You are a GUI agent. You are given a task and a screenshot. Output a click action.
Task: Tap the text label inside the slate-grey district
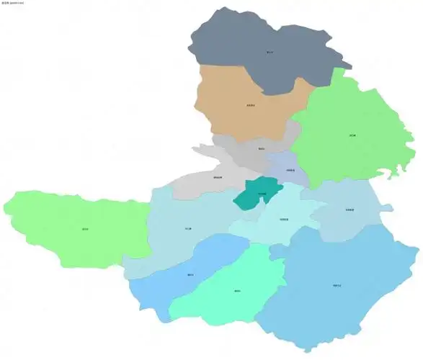(270, 52)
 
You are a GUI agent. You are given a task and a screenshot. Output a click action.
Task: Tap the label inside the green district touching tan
(352, 135)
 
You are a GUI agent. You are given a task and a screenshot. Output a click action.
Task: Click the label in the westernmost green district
(85, 229)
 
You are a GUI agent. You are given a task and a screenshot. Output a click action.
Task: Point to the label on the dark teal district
(262, 194)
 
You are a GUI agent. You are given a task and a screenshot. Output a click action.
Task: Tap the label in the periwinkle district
(289, 171)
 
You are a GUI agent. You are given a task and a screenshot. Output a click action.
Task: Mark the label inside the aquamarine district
(237, 291)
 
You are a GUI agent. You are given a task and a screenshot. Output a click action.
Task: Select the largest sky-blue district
(339, 288)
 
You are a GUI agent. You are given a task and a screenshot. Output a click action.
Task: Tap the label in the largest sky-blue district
(337, 286)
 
